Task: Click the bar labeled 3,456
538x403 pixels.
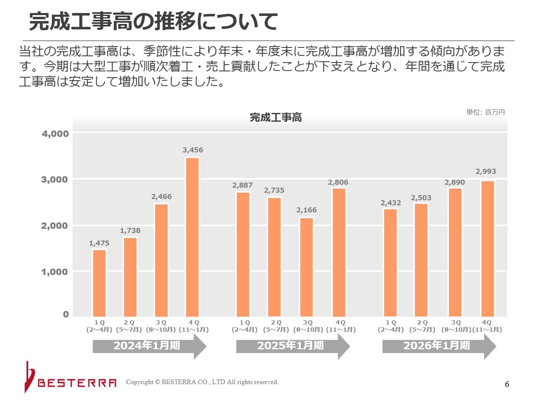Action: click(x=192, y=237)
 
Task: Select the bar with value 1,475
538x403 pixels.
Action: click(x=99, y=283)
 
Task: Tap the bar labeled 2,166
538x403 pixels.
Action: click(x=306, y=267)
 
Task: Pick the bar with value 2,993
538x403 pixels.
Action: click(x=488, y=249)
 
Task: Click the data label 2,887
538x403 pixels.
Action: click(x=243, y=185)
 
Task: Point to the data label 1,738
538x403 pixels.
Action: click(x=130, y=230)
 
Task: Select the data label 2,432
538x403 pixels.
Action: click(x=391, y=203)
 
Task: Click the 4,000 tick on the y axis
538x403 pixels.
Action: click(x=55, y=133)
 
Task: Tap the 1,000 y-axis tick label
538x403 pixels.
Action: click(x=54, y=272)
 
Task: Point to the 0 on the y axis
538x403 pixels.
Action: click(x=66, y=314)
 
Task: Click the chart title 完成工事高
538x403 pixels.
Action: click(x=276, y=118)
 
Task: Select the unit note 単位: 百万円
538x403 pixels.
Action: click(x=485, y=112)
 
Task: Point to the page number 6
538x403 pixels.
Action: click(x=507, y=384)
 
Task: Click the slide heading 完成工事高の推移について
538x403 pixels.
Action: click(x=153, y=21)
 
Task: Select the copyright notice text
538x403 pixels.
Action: click(x=202, y=382)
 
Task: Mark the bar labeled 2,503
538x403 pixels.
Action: click(x=421, y=260)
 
